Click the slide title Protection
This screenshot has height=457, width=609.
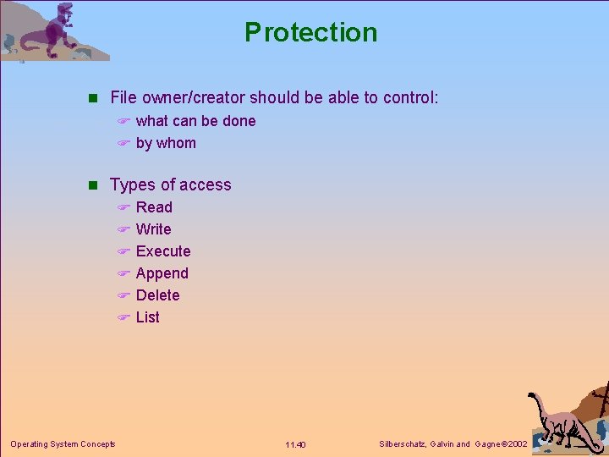pos(310,32)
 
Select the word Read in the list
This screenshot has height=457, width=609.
pos(154,207)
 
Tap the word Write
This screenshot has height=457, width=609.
pos(153,229)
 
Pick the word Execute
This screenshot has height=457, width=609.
pos(163,251)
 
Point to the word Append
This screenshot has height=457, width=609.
pos(162,273)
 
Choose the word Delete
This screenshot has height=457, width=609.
pos(157,295)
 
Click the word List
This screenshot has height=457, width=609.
pos(147,317)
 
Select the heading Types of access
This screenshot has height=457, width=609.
pos(170,185)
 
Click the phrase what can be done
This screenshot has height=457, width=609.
pos(195,121)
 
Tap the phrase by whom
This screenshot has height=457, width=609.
pos(166,143)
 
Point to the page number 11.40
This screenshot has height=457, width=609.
pos(295,445)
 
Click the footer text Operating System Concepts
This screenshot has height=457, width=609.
pos(63,444)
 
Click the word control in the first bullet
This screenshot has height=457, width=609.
pos(409,98)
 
